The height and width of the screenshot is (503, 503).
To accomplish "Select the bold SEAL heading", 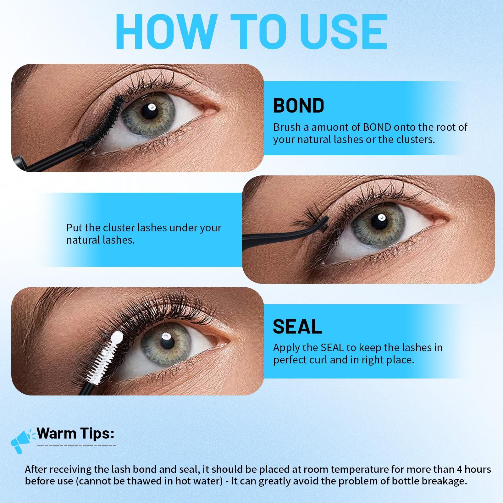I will tap(297, 326).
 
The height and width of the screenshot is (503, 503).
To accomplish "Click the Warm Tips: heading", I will tap(75, 434).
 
